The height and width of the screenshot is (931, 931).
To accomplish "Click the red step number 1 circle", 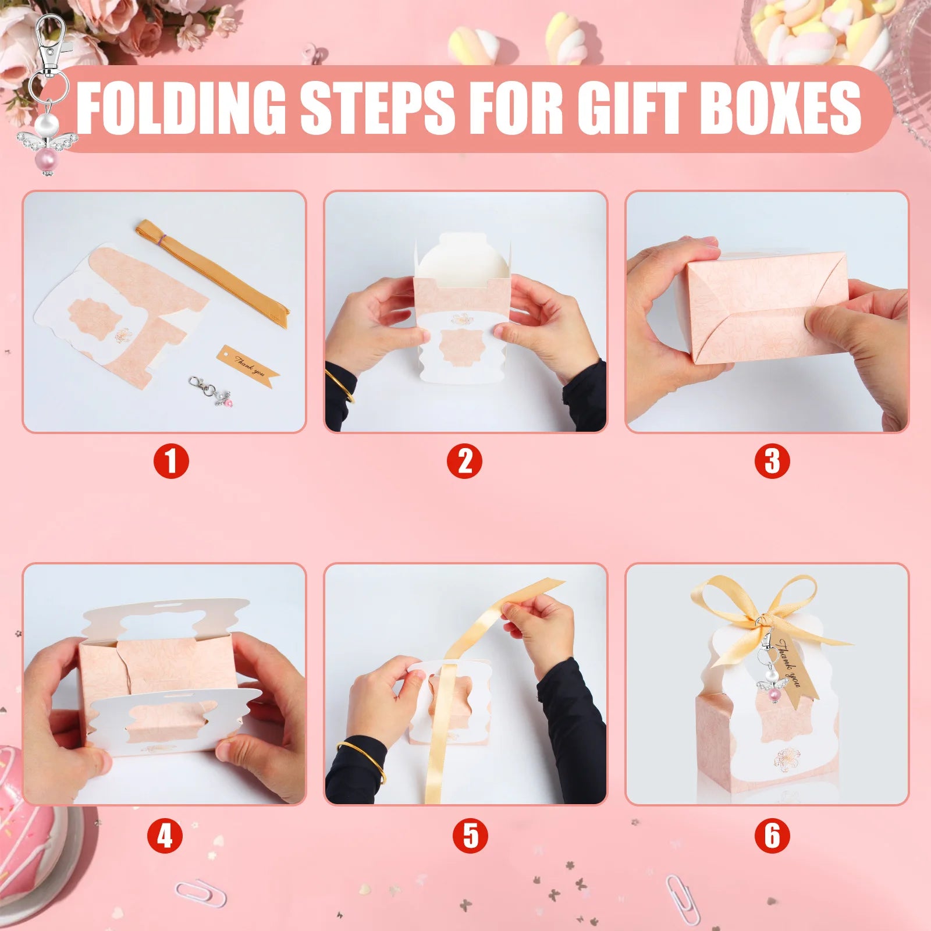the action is pyautogui.click(x=171, y=462).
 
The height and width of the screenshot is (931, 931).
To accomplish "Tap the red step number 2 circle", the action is pyautogui.click(x=465, y=462).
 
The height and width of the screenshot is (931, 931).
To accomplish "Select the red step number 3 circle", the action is pyautogui.click(x=772, y=462).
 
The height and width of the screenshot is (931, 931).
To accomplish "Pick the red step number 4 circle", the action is pyautogui.click(x=165, y=836).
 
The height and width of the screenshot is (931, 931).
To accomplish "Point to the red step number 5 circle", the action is pyautogui.click(x=471, y=836).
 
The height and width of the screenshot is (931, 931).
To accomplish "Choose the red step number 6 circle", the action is pyautogui.click(x=772, y=836).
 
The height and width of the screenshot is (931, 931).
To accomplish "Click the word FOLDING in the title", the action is pyautogui.click(x=182, y=107).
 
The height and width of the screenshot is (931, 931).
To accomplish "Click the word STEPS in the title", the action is pyautogui.click(x=377, y=107).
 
